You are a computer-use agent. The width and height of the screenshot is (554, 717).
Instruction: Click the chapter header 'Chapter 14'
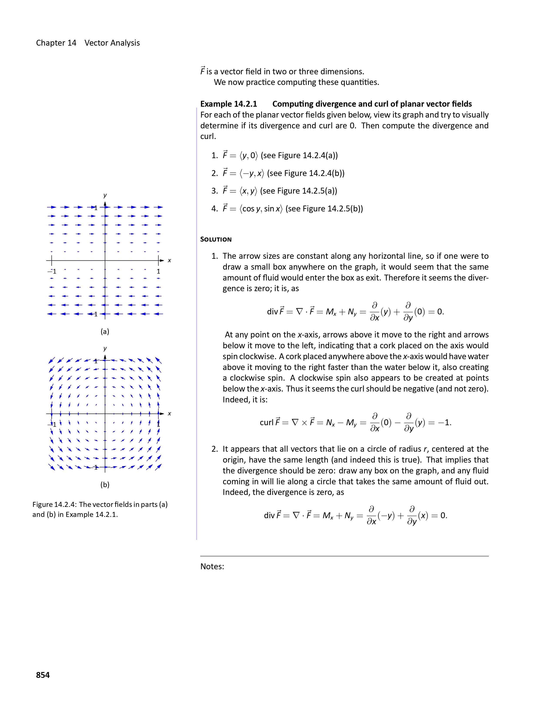56,43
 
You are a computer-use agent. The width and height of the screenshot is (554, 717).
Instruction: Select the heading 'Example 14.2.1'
228,104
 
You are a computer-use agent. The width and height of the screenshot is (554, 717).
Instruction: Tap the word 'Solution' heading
216,239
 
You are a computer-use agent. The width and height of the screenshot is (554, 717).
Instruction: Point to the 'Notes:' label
212,567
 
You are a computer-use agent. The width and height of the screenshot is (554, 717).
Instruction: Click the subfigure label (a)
105,332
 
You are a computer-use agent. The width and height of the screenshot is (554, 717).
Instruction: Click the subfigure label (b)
105,485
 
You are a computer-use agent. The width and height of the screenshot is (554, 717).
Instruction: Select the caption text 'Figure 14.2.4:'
55,505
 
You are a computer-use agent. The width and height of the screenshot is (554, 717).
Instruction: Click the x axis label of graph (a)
169,261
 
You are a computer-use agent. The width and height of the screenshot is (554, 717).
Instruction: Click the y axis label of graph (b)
105,348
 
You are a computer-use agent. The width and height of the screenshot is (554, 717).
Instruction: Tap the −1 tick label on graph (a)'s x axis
52,272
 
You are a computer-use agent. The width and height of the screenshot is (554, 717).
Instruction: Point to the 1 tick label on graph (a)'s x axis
159,272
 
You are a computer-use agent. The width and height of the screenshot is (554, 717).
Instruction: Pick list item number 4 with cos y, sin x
287,209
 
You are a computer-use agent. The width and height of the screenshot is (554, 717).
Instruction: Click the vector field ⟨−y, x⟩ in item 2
251,173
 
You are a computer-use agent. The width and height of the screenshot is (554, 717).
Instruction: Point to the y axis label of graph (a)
105,195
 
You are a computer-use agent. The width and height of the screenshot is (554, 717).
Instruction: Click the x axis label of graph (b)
169,414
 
